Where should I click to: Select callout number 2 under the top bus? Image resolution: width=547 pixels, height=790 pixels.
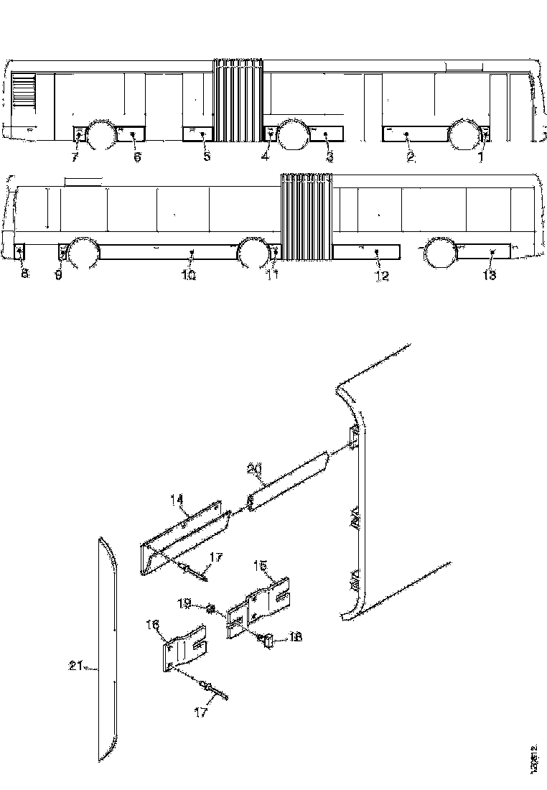[411, 158]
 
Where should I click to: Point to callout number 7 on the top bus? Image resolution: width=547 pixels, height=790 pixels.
[75, 157]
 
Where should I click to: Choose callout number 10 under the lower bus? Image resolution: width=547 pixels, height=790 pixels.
[189, 276]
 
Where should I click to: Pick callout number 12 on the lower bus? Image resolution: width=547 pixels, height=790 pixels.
[382, 276]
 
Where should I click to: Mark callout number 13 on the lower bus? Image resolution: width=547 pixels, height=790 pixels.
[489, 276]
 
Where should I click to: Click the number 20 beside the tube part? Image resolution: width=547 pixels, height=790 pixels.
[253, 468]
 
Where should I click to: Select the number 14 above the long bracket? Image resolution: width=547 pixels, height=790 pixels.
[177, 498]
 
